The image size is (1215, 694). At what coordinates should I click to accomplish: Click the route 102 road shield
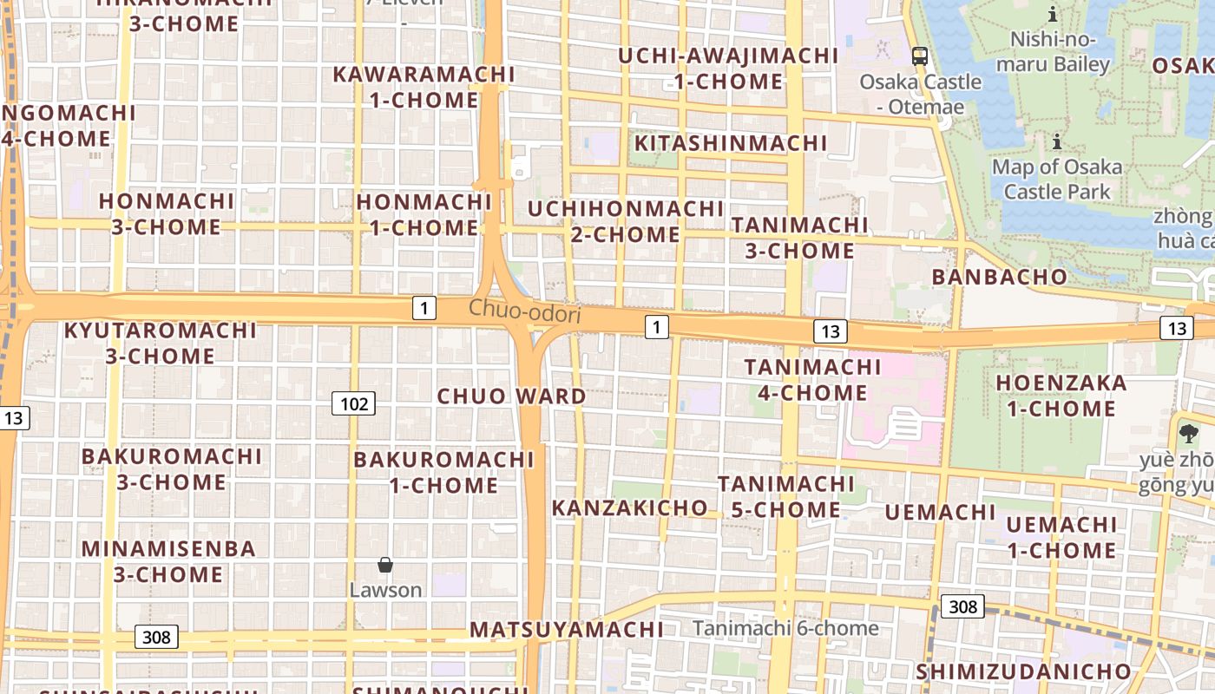tap(353, 403)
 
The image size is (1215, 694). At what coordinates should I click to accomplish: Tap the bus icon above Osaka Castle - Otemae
tap(920, 57)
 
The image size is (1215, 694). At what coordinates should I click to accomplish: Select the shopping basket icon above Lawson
tap(385, 566)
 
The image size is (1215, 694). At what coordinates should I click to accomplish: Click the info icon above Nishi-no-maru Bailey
tap(1053, 14)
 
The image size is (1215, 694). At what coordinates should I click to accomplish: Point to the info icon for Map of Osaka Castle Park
tap(1057, 141)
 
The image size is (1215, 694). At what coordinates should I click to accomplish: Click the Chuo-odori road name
tap(524, 311)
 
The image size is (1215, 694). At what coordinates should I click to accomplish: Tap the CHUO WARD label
tap(511, 396)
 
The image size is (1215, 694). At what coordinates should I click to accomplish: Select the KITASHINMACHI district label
tap(731, 143)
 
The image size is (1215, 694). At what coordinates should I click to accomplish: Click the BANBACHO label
tap(999, 277)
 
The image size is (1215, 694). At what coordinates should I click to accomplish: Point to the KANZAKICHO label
tap(630, 507)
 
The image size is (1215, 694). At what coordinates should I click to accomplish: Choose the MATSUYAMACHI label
tap(567, 630)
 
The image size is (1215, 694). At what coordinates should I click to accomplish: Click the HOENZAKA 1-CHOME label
tap(1061, 396)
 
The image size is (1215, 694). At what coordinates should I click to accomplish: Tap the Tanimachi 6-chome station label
tap(785, 628)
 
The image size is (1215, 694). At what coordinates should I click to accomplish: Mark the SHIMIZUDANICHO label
tap(1023, 671)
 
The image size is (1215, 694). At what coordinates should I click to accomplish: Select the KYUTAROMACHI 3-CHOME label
tap(161, 344)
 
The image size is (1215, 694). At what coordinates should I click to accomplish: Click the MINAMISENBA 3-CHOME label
tap(168, 561)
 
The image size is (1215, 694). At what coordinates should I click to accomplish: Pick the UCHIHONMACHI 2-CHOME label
tap(626, 222)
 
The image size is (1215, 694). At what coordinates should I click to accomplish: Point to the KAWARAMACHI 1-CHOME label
tap(424, 87)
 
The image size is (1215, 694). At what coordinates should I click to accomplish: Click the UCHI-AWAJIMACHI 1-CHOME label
tap(728, 69)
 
